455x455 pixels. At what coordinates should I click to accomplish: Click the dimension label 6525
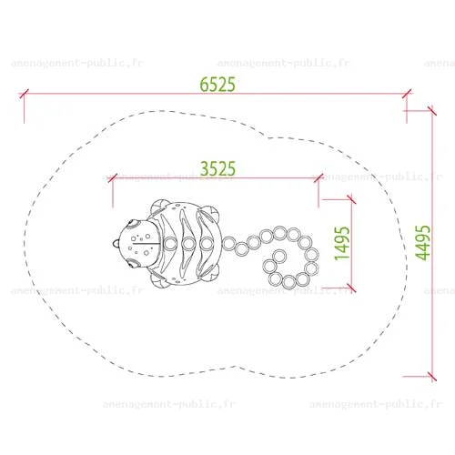pyautogui.click(x=217, y=85)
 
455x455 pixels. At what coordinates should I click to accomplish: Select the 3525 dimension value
pyautogui.click(x=217, y=168)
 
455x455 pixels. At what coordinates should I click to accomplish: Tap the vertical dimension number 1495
pyautogui.click(x=342, y=243)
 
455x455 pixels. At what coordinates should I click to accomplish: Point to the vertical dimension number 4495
pyautogui.click(x=423, y=243)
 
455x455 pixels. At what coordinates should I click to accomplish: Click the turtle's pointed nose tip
pyautogui.click(x=114, y=243)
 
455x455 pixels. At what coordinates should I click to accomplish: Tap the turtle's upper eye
pyautogui.click(x=133, y=225)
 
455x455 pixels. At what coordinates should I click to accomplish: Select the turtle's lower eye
pyautogui.click(x=133, y=263)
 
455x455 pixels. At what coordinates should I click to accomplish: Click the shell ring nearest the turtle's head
pyautogui.click(x=170, y=243)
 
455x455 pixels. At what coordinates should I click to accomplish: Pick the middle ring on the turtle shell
pyautogui.click(x=188, y=243)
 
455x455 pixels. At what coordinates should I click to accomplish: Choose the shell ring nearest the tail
pyautogui.click(x=207, y=243)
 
